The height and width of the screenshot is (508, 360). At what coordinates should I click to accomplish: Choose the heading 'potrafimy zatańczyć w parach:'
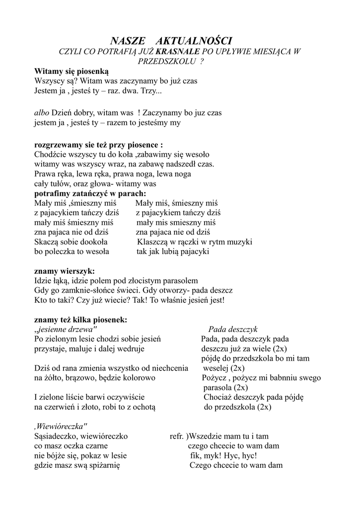(90, 193)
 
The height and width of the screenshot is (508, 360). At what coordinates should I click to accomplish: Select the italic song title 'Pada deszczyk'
(233, 329)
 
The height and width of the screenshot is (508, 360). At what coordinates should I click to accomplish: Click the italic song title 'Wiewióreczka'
(62, 426)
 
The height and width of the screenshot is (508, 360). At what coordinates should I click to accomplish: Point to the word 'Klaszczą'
(153, 242)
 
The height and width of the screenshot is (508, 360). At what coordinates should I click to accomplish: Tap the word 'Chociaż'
(218, 397)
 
